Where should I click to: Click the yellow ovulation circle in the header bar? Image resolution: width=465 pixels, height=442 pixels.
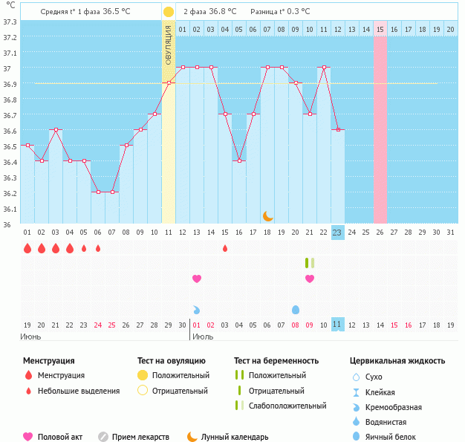[169, 12]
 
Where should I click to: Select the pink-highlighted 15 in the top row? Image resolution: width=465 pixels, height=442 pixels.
[380, 29]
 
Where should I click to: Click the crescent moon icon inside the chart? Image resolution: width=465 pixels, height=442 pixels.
[268, 216]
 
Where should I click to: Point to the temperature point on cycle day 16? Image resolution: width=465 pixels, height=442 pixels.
[239, 160]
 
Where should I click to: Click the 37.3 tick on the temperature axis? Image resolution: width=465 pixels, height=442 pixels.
[10, 22]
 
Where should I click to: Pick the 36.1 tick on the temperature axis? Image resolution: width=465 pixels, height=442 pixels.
[10, 209]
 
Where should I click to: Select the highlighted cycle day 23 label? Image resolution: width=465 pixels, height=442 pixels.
[337, 233]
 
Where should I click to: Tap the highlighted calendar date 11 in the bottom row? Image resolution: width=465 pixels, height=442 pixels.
[337, 325]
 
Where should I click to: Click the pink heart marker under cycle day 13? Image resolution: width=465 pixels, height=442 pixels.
[197, 279]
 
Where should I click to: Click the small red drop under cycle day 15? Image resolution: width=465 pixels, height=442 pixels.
[225, 248]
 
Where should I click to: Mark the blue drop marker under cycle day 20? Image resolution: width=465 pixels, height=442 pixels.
[296, 309]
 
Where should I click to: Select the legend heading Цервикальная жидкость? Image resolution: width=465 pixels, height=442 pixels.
[397, 361]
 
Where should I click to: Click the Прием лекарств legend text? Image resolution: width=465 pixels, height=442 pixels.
[140, 438]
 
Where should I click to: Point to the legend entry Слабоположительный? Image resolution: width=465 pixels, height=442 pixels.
[287, 406]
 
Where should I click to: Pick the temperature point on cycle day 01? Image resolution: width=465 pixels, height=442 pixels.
[27, 146]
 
